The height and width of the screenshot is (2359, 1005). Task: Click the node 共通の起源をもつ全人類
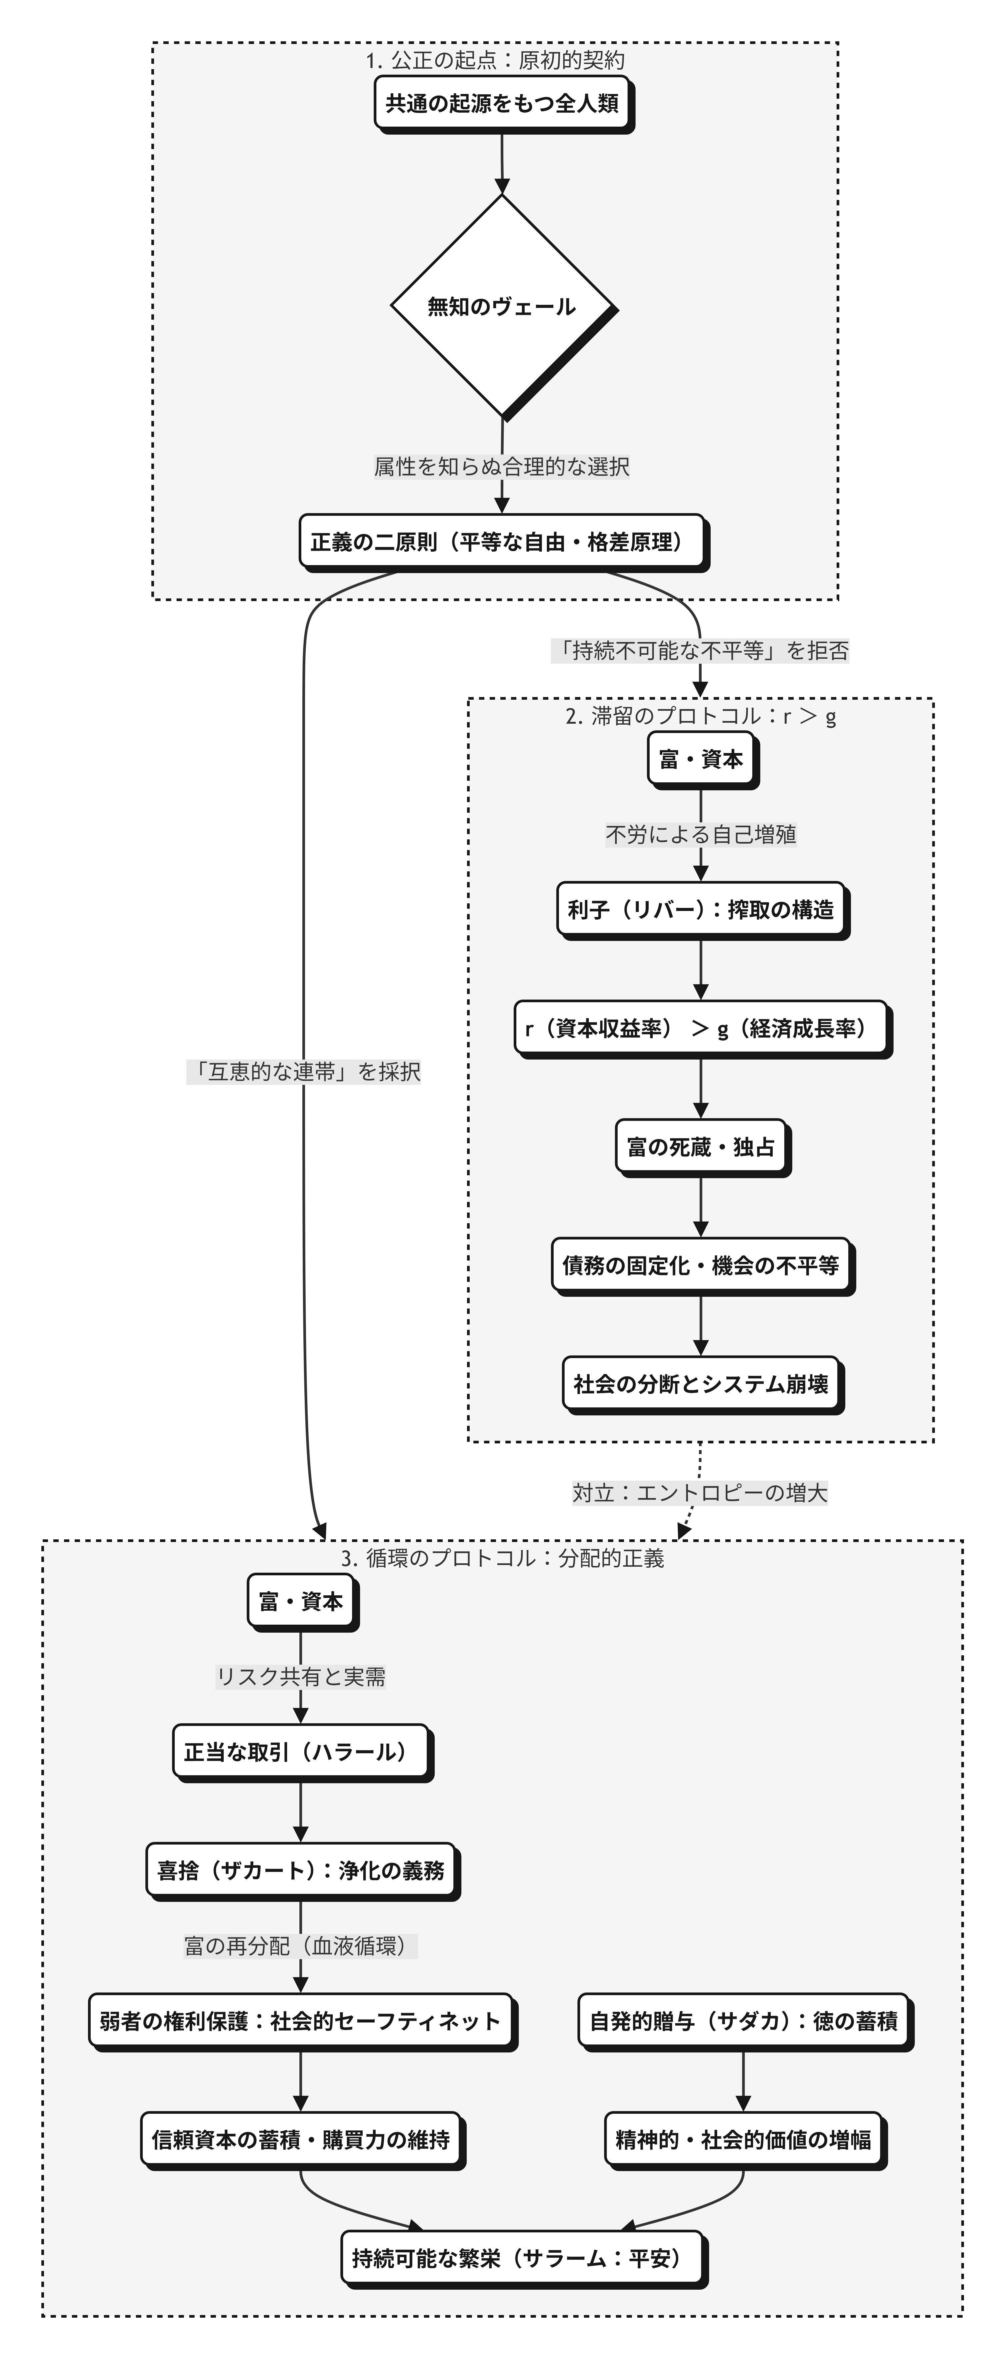(x=502, y=104)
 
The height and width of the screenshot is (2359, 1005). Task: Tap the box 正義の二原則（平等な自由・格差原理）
(x=502, y=542)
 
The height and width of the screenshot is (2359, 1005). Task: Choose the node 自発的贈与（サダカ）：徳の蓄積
(x=743, y=2021)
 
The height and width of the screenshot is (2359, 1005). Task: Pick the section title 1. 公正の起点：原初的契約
(x=495, y=60)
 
